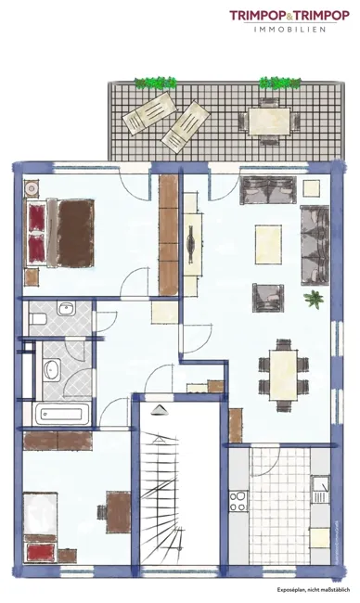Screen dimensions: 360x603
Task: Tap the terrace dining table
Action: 269,122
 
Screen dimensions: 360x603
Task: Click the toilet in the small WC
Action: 38,318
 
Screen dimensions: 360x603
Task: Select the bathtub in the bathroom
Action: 61,414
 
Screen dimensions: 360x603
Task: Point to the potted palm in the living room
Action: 314,299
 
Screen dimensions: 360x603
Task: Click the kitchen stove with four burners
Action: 238,501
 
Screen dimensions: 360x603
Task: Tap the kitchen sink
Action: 320,490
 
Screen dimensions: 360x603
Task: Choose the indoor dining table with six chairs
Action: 284,375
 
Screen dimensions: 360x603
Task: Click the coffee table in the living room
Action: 268,245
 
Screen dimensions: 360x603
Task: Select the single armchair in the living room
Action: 268,297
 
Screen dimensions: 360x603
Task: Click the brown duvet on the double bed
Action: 76,233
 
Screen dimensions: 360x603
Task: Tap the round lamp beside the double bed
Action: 32,188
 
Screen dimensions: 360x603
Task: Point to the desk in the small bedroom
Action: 118,512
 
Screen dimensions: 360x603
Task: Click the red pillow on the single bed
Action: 40,553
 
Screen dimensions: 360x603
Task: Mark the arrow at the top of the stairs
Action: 160,410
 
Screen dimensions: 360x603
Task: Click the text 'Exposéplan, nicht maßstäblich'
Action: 314,589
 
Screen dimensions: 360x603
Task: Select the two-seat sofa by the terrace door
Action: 268,190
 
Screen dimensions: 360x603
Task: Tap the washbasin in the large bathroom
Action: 52,369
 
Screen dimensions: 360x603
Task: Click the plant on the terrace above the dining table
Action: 279,83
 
